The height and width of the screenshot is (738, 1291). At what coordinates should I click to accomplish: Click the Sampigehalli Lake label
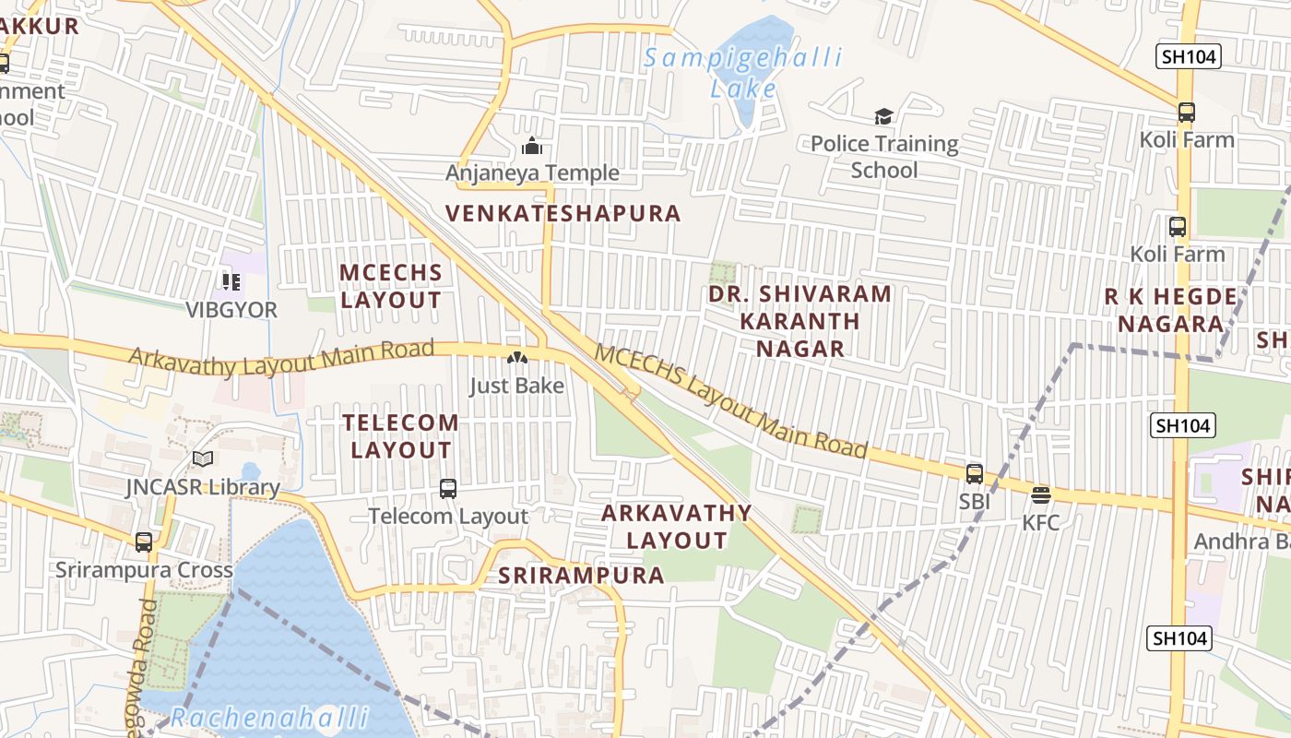[742, 73]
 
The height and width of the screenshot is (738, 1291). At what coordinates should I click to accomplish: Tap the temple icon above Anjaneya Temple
[532, 146]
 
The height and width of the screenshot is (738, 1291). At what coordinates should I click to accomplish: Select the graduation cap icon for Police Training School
[883, 116]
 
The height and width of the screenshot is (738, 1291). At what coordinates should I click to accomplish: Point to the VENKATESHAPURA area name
[563, 214]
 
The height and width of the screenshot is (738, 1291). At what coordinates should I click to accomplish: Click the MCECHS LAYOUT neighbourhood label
[391, 286]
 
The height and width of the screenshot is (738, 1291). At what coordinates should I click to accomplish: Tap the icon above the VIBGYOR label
[231, 281]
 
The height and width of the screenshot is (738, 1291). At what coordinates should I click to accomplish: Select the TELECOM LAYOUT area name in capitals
[400, 436]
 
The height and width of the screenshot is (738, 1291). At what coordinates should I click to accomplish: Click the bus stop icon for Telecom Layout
[448, 489]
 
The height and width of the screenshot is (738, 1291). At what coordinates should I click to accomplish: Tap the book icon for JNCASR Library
[203, 459]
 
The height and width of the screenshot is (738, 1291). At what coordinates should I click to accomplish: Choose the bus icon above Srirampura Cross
[144, 542]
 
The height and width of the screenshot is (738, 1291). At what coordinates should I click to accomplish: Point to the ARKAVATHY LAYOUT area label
[677, 526]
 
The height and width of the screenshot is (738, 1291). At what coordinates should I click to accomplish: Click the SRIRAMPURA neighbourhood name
[581, 576]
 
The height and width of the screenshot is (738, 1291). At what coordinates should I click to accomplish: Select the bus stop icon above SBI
[974, 474]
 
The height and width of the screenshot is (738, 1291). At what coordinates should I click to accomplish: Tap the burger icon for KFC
[1041, 495]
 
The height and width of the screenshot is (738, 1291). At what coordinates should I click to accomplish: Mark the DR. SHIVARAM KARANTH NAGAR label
[799, 320]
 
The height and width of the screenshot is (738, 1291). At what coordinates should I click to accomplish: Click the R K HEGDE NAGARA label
[1171, 310]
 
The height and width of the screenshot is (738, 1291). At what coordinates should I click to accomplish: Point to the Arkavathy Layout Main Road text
[281, 358]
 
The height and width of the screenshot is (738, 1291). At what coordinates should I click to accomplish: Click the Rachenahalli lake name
[269, 717]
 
